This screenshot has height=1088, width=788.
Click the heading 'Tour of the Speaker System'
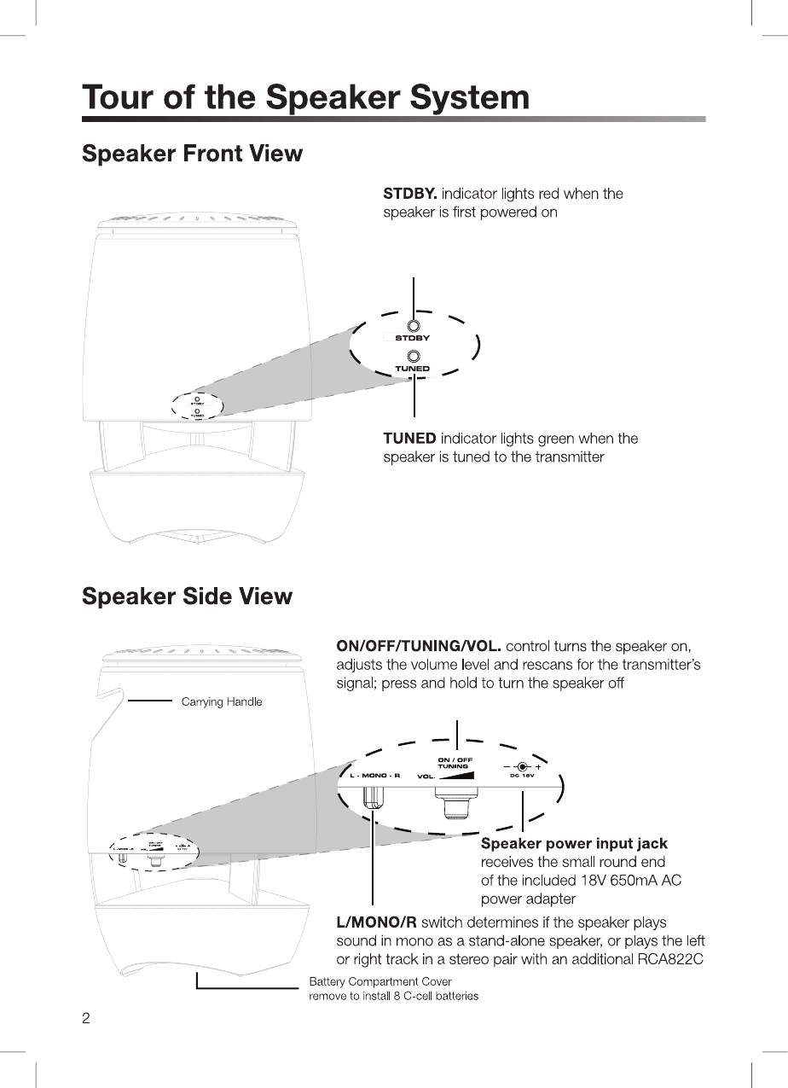pyautogui.click(x=305, y=97)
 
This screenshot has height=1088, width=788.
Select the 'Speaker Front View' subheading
pyautogui.click(x=192, y=154)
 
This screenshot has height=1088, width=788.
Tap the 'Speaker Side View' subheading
pyautogui.click(x=187, y=596)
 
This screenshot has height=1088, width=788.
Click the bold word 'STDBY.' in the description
pyautogui.click(x=410, y=194)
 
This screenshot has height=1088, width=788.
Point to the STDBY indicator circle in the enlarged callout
pyautogui.click(x=414, y=326)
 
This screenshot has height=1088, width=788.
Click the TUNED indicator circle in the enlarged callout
pyautogui.click(x=414, y=356)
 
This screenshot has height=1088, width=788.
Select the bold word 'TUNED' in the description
pyautogui.click(x=409, y=439)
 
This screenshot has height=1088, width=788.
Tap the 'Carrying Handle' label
pyautogui.click(x=222, y=702)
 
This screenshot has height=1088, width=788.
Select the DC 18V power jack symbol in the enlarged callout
pyautogui.click(x=521, y=765)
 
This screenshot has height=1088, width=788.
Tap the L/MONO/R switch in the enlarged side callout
pyautogui.click(x=374, y=795)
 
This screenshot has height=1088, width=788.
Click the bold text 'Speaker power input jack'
pyautogui.click(x=574, y=844)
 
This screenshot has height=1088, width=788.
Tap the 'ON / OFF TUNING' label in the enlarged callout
pyautogui.click(x=454, y=762)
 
